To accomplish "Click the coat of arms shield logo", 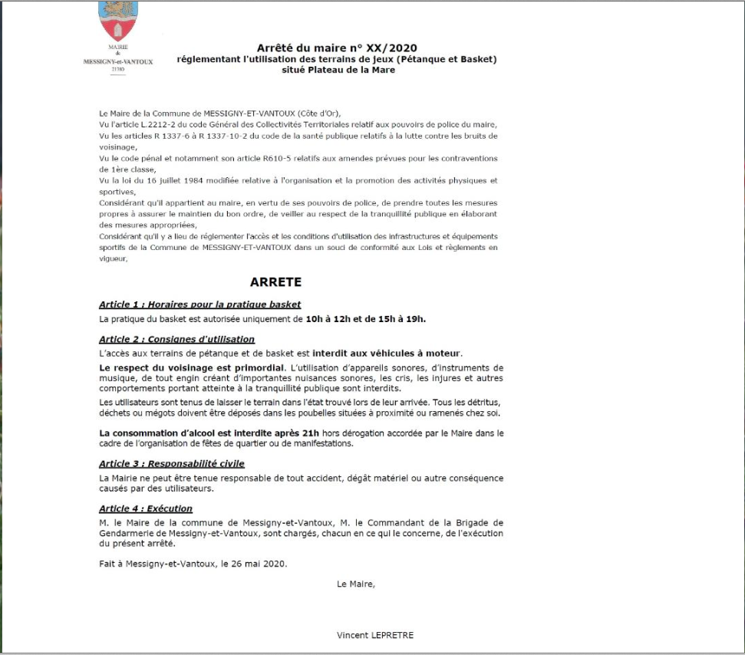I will click(117, 21).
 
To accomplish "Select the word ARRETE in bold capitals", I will click(275, 281).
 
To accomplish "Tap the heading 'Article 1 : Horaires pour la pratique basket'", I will click(199, 304).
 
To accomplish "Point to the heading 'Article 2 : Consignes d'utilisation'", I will click(176, 339).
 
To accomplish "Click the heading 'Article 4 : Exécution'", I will click(146, 509).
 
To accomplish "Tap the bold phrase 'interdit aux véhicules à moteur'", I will click(400, 353).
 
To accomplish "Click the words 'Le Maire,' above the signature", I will click(356, 584).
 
